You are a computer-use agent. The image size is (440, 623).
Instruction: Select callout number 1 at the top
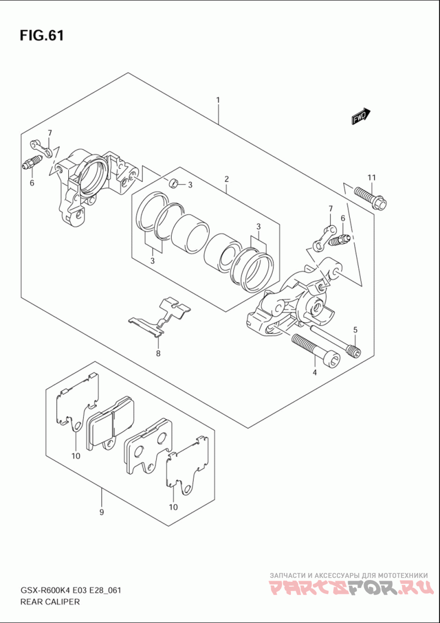point(218,100)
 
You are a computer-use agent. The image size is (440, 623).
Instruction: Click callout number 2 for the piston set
point(226,179)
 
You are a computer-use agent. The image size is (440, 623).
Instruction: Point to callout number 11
point(372,177)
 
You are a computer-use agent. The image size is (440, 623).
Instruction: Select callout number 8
point(158,353)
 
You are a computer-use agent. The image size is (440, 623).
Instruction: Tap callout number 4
point(315,372)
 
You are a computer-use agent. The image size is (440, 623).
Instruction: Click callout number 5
point(355,329)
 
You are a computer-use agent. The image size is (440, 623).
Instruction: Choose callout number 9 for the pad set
point(102,512)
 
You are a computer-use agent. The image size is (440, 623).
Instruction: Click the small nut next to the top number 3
point(173,183)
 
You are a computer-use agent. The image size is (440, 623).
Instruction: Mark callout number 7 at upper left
point(50,133)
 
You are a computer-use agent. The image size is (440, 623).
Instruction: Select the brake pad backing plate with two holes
point(147,445)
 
